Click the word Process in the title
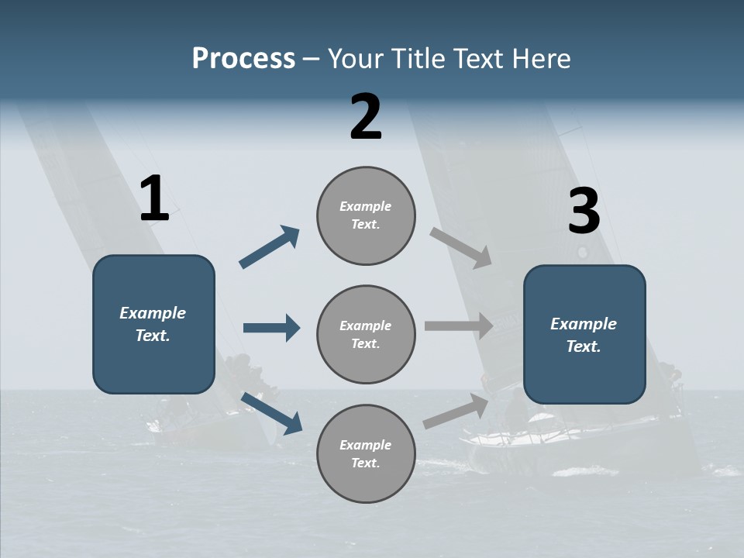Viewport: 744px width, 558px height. [x=243, y=59]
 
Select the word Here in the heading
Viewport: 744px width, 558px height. [x=540, y=59]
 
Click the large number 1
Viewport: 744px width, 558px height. [x=154, y=200]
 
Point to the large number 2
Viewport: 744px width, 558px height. [x=366, y=118]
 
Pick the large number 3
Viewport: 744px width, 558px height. [x=584, y=212]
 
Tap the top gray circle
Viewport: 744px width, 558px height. [x=366, y=215]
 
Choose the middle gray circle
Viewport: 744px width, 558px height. [x=366, y=334]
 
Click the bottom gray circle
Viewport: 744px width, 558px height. [x=366, y=453]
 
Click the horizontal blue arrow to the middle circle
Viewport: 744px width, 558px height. [x=271, y=328]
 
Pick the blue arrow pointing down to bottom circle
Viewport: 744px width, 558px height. [x=271, y=412]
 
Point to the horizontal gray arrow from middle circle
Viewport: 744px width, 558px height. [x=459, y=326]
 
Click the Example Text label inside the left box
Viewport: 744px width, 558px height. [x=153, y=324]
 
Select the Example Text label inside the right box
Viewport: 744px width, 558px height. [x=584, y=335]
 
